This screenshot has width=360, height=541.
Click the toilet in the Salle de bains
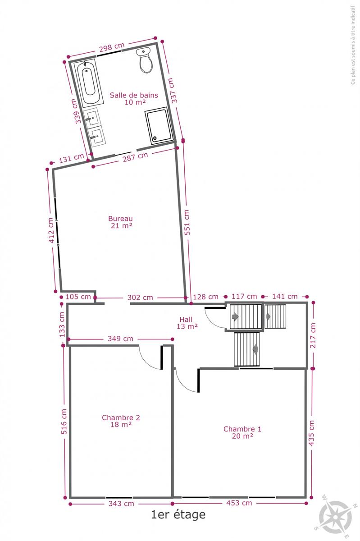tap(146, 60)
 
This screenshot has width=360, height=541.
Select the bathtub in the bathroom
tap(89, 83)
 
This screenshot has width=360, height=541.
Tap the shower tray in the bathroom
tap(159, 126)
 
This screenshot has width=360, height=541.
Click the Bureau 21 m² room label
tap(120, 222)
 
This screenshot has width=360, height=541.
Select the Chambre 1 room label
tap(242, 432)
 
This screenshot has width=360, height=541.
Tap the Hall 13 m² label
tap(187, 323)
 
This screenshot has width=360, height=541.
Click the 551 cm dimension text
tap(187, 222)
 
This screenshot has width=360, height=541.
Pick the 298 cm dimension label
tap(112, 47)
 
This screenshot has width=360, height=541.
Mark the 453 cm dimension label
tap(239, 503)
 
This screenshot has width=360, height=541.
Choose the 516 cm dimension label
tap(64, 422)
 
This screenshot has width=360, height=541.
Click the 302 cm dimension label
tap(140, 297)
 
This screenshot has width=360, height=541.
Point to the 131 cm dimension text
tap(72, 158)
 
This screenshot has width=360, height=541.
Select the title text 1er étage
tap(178, 514)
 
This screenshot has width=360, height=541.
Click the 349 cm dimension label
tap(120, 339)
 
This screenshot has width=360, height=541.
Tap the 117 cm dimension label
tap(244, 296)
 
